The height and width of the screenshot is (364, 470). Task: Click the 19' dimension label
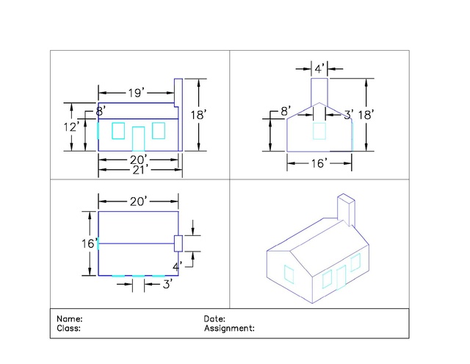[137, 93]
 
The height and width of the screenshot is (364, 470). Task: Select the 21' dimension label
[140, 170]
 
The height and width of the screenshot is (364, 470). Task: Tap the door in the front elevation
[139, 139]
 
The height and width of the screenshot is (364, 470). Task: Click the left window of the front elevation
[118, 131]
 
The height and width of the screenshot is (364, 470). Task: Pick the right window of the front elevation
[159, 131]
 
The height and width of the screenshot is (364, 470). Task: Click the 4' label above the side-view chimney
[319, 68]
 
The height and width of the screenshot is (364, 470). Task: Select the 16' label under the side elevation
[319, 163]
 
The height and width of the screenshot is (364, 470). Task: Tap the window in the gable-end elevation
[319, 131]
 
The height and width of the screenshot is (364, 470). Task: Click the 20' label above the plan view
[139, 201]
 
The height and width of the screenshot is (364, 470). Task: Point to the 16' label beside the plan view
[90, 243]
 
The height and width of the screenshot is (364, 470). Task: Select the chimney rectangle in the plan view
[178, 243]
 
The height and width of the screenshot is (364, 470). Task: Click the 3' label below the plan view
[167, 284]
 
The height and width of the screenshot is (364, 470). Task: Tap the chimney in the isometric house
[346, 210]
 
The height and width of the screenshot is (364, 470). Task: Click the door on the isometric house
[341, 277]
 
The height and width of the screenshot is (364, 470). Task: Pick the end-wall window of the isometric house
[289, 274]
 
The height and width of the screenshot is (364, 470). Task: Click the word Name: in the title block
[70, 318]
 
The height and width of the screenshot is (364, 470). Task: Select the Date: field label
[214, 318]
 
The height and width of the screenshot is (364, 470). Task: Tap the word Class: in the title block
[68, 328]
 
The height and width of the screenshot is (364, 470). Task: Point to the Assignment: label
[229, 328]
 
